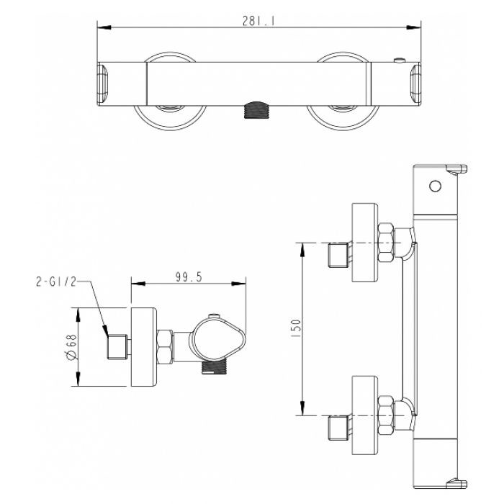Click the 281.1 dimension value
[258, 21]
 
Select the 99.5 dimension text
[189, 276]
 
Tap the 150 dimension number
[297, 328]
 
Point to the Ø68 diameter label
[72, 347]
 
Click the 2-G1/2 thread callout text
[57, 282]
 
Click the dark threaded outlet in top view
[256, 110]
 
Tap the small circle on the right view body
[435, 186]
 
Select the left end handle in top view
[104, 84]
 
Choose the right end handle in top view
[415, 84]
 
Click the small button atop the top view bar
[399, 60]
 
